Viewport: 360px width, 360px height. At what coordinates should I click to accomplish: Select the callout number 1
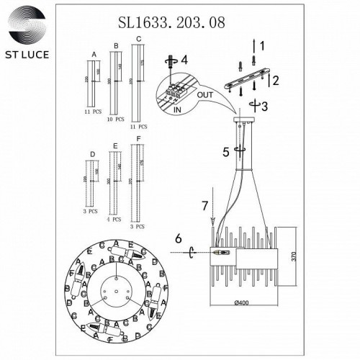[x=262, y=46]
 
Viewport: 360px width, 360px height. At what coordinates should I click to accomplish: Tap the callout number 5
[x=226, y=152]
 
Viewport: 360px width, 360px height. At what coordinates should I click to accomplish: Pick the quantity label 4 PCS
[x=113, y=218]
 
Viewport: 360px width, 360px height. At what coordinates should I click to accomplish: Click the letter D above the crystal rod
[x=92, y=153]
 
